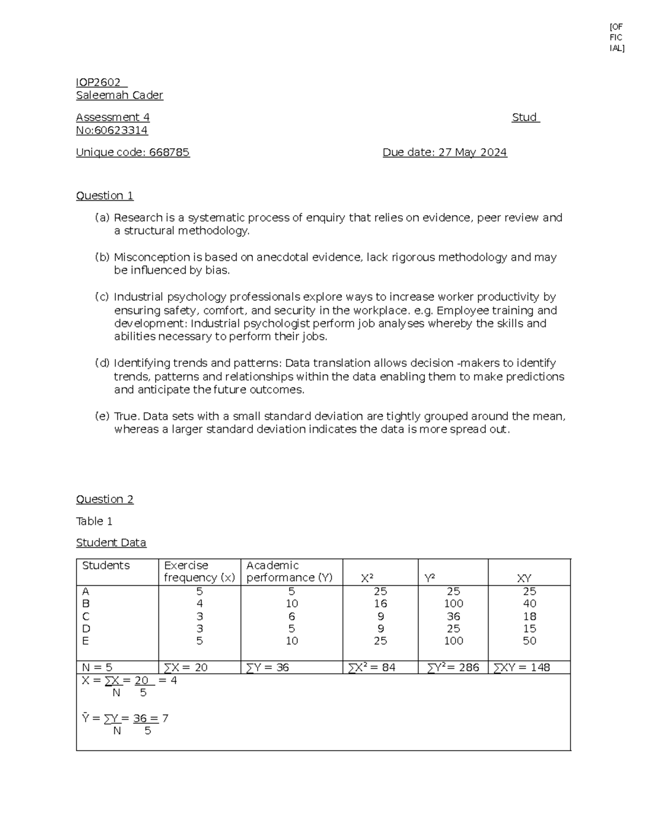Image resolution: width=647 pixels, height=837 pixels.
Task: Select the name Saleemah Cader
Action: (x=119, y=95)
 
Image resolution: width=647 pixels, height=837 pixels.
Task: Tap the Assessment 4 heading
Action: (x=113, y=117)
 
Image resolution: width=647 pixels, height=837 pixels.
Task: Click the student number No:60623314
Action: (x=112, y=130)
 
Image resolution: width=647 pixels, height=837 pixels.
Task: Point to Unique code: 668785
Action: (x=133, y=153)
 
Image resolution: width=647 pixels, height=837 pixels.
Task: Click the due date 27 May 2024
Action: (x=472, y=153)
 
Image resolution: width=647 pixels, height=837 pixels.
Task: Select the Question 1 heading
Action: (x=105, y=196)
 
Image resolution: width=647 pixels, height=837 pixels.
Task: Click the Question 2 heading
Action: (x=105, y=499)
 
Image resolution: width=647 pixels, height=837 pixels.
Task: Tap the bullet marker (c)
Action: (x=102, y=297)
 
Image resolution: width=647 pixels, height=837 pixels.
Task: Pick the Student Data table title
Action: (x=111, y=543)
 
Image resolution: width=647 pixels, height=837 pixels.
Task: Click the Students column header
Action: (x=106, y=565)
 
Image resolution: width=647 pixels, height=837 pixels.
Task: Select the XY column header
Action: (x=524, y=578)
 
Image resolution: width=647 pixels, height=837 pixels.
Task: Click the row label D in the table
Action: (x=86, y=628)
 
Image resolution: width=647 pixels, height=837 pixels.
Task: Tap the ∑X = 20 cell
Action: (x=186, y=667)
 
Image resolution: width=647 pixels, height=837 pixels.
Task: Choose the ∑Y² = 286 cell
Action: (x=453, y=667)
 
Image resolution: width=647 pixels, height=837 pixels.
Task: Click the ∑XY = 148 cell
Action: (x=521, y=667)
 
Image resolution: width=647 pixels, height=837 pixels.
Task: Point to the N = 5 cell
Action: (x=97, y=667)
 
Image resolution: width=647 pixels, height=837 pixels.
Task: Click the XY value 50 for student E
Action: (x=529, y=641)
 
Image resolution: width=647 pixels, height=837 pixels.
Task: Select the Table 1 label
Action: (x=94, y=521)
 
